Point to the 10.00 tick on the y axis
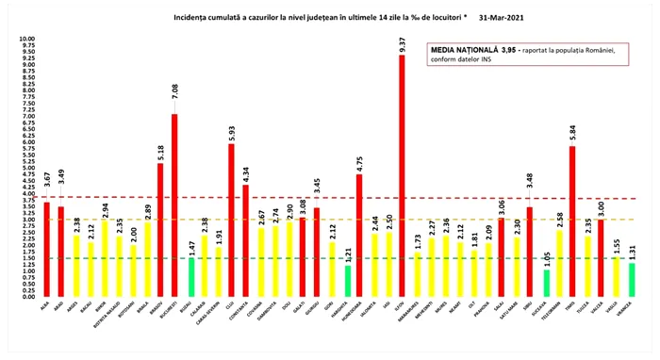[x=26, y=40]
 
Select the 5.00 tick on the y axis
[x=26, y=168]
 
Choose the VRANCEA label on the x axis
[x=629, y=312]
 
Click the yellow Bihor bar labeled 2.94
[x=104, y=258]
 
